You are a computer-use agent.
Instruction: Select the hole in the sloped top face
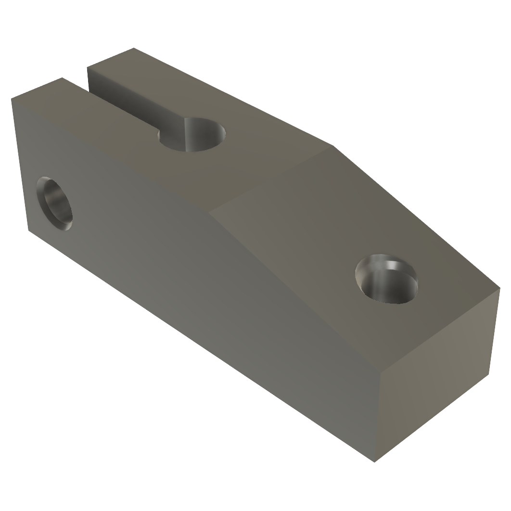tap(386, 281)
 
